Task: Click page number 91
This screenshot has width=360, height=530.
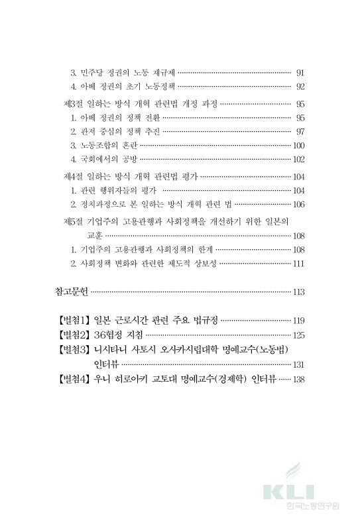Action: tap(300, 72)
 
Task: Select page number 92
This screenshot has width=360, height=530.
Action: tap(300, 87)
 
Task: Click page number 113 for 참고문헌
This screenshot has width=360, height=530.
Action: tap(298, 291)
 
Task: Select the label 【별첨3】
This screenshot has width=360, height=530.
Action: tap(74, 350)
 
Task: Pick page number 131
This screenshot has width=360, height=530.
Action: tap(298, 364)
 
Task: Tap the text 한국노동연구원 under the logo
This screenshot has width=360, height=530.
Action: tap(309, 507)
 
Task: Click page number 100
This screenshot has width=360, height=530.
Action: tap(298, 145)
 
